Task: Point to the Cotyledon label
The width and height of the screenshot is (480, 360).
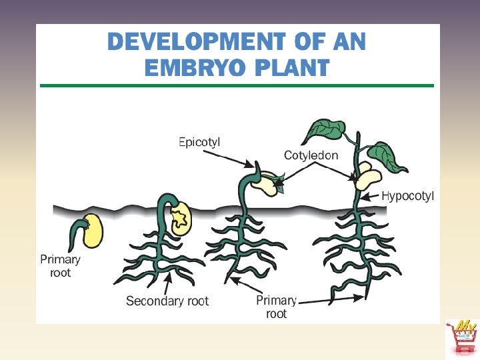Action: (311, 155)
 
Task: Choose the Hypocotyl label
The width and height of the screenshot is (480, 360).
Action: (407, 196)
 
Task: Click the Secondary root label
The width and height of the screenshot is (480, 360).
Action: (167, 301)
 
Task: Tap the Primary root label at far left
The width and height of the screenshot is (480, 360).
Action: (60, 265)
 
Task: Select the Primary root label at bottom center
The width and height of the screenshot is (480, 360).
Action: (276, 307)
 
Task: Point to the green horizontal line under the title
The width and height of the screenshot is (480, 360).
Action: (237, 85)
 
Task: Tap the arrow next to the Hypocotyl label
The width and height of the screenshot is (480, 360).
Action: (372, 196)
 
